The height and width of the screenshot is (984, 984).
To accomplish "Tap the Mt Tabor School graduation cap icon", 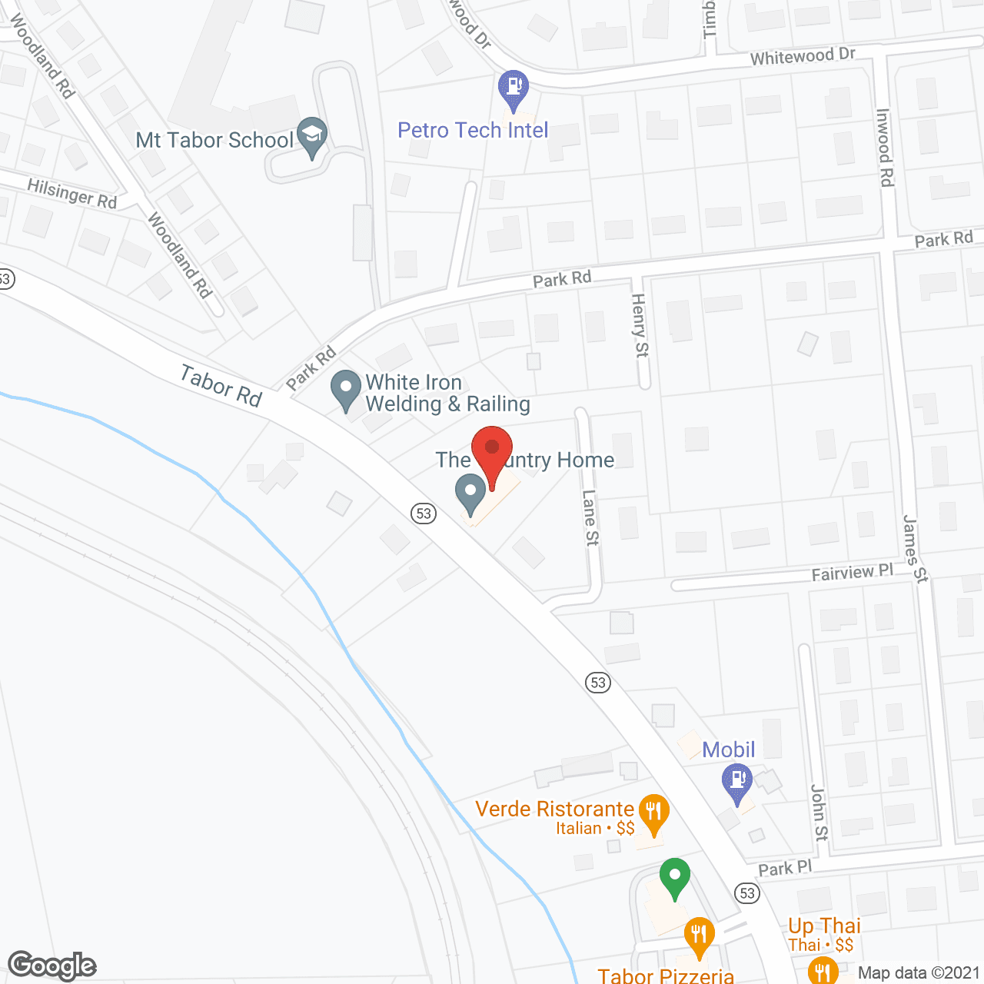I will tap(312, 136).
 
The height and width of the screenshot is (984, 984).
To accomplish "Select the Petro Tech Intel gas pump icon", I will tap(514, 88).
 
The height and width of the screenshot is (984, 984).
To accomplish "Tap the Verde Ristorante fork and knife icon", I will tap(653, 813).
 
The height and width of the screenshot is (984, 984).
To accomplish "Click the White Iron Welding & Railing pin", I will tap(346, 388).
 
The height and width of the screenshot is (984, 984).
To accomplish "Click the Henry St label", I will tap(640, 324).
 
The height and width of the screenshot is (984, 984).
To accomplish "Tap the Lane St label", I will tap(590, 517).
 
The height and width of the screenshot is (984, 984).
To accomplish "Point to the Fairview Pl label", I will tap(852, 573).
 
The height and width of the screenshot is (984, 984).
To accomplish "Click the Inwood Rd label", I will tap(885, 147).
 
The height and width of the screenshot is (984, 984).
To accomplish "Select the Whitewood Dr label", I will tap(802, 56).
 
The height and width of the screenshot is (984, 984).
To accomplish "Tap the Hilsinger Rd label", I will tap(71, 193).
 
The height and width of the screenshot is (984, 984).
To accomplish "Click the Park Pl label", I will tap(784, 868).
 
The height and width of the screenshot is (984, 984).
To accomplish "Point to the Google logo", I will tap(52, 966).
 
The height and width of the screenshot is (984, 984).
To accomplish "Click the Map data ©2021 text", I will tap(919, 973).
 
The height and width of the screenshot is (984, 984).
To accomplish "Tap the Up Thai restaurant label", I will tap(823, 926).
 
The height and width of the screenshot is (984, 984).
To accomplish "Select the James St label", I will tap(915, 549).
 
